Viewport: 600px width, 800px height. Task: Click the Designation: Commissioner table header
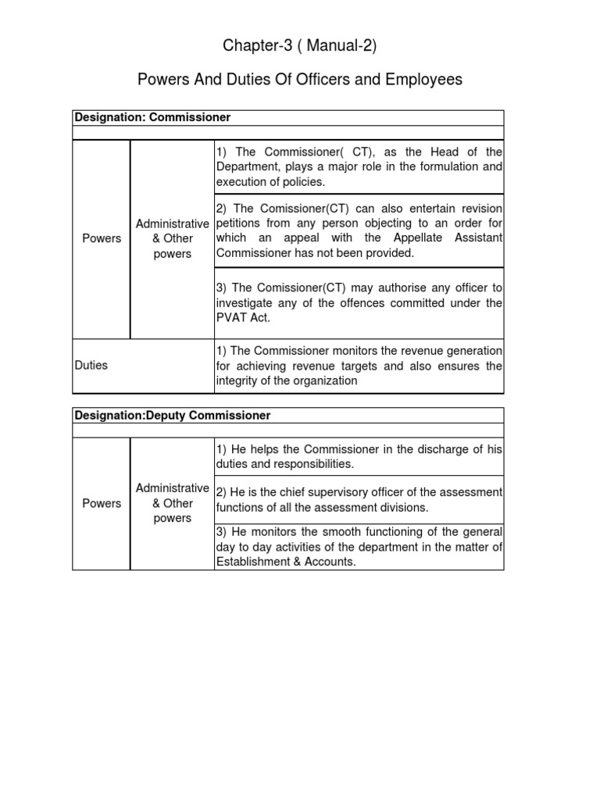(x=152, y=117)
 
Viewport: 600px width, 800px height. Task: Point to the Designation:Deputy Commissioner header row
(x=172, y=416)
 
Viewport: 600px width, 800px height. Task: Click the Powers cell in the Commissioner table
(x=102, y=239)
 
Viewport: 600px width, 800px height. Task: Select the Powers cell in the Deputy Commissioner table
(x=102, y=503)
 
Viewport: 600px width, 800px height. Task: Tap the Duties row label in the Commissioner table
(x=91, y=365)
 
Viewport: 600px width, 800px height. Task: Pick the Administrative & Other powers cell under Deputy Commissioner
(x=172, y=503)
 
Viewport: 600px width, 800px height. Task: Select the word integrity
(x=237, y=380)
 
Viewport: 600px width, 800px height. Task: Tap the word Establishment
(x=254, y=562)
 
